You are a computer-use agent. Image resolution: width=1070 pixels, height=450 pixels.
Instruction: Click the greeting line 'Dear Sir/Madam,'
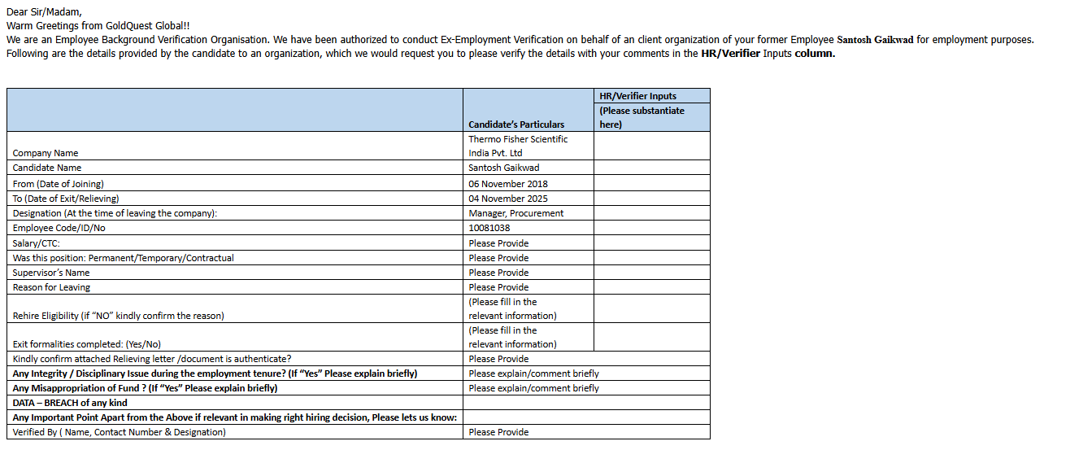[x=44, y=11]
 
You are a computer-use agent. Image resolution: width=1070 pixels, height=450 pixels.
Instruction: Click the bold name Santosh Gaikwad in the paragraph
[x=875, y=39]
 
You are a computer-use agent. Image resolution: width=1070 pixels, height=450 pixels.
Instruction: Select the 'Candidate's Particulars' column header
[x=516, y=125]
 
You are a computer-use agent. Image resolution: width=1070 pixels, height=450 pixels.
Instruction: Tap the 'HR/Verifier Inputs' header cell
[x=637, y=96]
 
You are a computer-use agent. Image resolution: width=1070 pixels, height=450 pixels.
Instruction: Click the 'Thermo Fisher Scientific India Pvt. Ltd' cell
[x=518, y=146]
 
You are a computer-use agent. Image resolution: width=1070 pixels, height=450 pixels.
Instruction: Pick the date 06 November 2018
[x=508, y=184]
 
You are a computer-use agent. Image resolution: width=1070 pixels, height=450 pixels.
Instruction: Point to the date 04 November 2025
[x=508, y=199]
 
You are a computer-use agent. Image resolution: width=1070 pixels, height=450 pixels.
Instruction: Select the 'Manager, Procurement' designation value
[x=516, y=213]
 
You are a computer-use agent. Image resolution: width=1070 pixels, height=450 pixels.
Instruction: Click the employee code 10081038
[x=489, y=228]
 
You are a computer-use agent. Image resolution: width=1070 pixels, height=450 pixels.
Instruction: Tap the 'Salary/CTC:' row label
[x=37, y=243]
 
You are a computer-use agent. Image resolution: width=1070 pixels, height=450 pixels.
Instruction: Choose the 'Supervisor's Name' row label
[x=51, y=273]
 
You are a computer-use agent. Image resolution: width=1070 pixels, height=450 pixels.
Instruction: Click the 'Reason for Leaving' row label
[x=51, y=287]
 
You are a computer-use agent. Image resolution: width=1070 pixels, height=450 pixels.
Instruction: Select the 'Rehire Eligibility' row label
[x=118, y=316]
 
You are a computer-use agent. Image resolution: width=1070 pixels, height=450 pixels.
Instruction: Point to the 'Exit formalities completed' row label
[x=92, y=344]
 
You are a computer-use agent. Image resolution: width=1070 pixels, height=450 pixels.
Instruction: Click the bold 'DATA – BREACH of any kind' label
[x=70, y=403]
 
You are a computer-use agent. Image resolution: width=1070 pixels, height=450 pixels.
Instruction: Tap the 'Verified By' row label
[x=119, y=432]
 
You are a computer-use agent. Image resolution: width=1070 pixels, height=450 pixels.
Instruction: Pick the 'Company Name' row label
[x=46, y=153]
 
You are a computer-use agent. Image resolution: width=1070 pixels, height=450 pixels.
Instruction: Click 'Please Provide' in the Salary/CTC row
[x=498, y=243]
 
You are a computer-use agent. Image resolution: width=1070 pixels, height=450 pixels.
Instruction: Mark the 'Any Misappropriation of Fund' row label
[x=145, y=388]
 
